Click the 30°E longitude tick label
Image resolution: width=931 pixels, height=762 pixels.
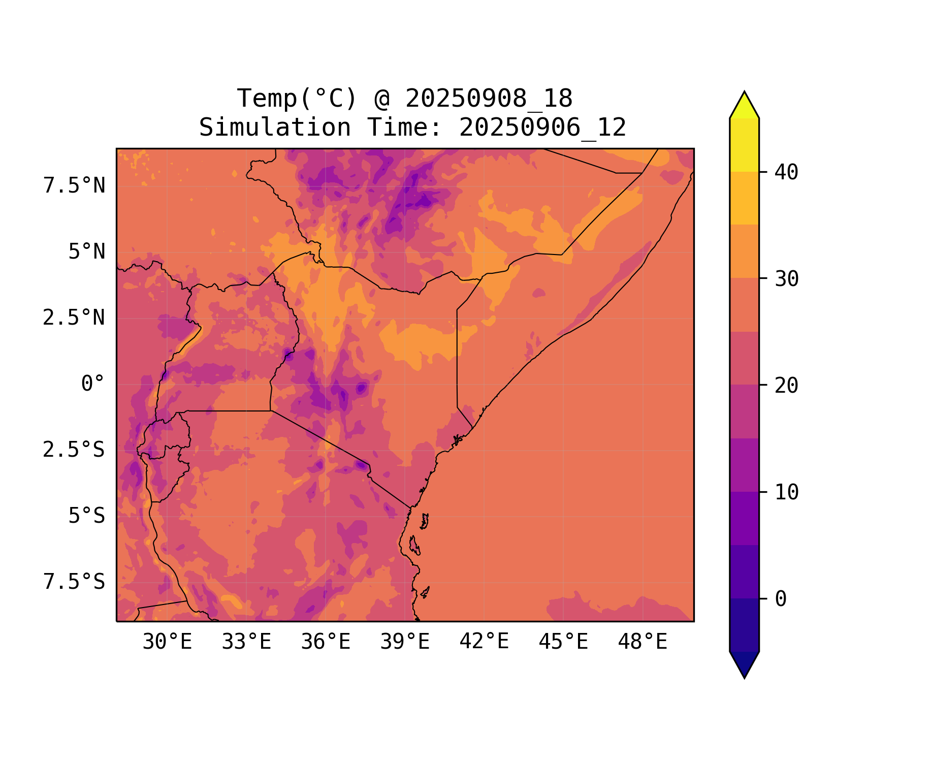[x=167, y=642]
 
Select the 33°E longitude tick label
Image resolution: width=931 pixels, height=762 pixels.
[x=246, y=642]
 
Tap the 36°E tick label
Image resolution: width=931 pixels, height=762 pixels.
[x=326, y=642]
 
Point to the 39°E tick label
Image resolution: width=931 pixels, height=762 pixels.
[x=405, y=642]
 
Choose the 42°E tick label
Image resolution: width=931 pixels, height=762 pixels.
[x=484, y=642]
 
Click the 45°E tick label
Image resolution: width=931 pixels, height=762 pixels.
[x=563, y=642]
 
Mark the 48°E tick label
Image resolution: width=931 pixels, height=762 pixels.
[x=643, y=642]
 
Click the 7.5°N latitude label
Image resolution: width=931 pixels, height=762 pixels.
[x=74, y=186]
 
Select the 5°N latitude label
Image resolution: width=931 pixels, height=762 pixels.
[x=87, y=252]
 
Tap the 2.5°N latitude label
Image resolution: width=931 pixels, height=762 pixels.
[x=74, y=318]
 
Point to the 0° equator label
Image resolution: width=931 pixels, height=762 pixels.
[x=93, y=384]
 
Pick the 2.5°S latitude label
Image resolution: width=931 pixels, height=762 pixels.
[x=74, y=450]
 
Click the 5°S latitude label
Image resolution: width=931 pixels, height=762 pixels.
[x=87, y=516]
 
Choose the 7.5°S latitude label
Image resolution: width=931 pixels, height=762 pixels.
[x=74, y=582]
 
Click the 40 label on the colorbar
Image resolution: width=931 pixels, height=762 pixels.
[x=786, y=172]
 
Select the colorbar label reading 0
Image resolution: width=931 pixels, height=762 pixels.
[x=781, y=599]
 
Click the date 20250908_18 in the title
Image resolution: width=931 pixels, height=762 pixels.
[x=489, y=99]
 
